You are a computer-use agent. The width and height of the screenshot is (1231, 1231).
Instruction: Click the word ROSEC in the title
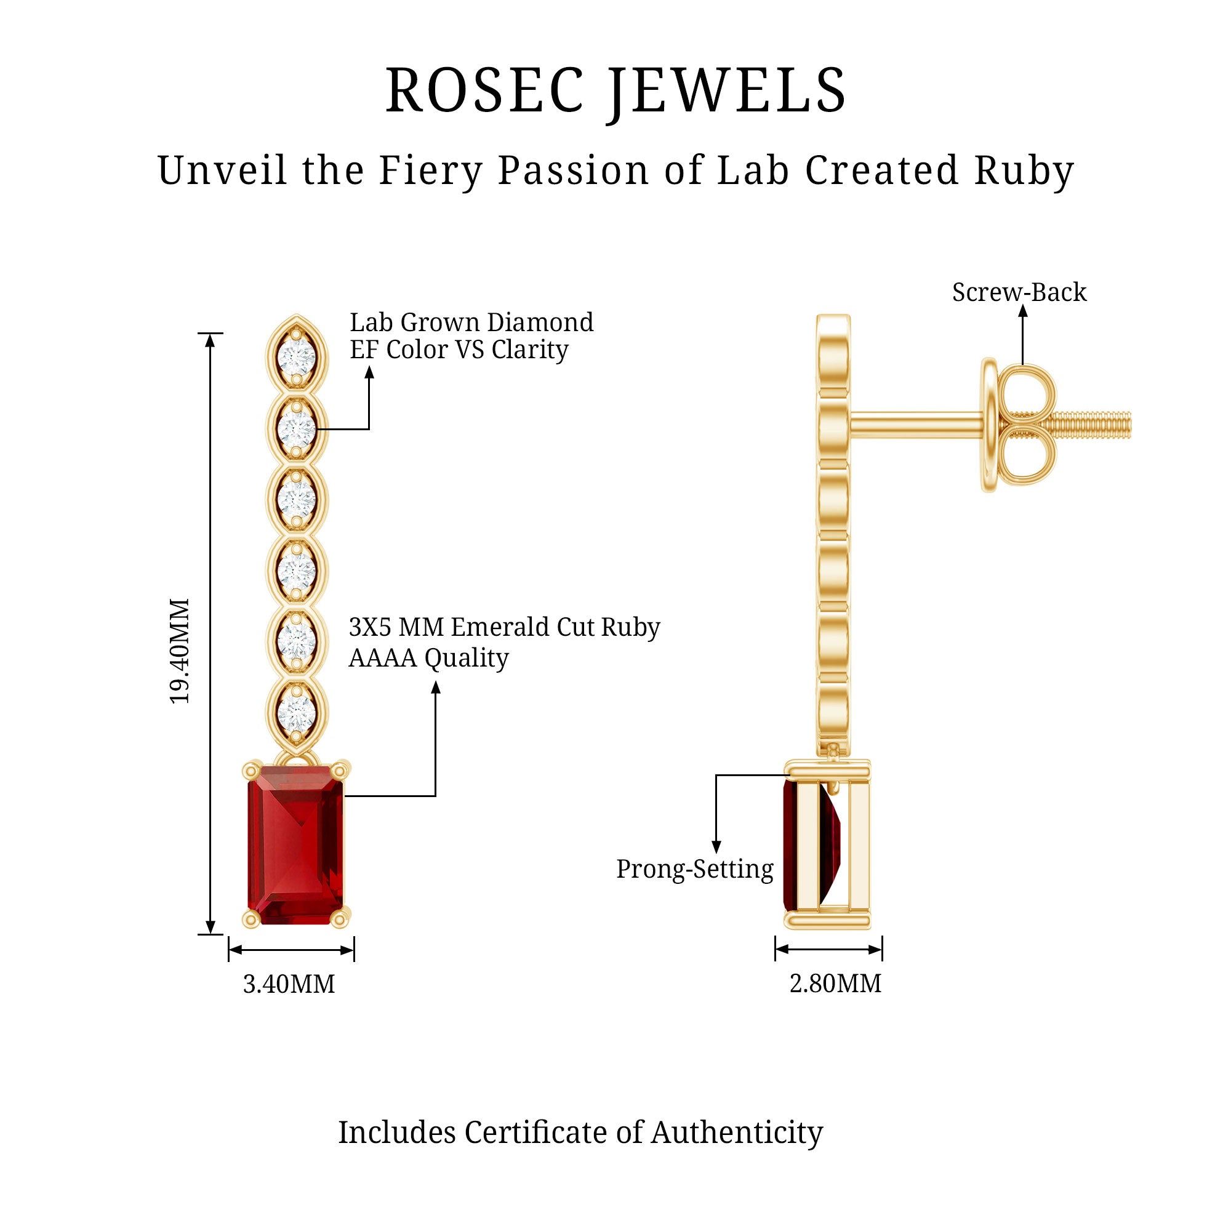(x=484, y=91)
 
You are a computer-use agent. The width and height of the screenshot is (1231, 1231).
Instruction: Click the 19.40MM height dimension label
(x=180, y=651)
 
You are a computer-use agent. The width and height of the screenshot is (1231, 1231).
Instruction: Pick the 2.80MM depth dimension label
(x=835, y=984)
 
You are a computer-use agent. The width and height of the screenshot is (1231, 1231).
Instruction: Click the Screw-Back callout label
(x=1019, y=292)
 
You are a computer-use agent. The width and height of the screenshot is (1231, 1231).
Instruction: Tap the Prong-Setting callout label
(x=694, y=869)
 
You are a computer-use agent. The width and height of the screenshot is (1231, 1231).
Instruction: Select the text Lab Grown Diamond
(x=471, y=323)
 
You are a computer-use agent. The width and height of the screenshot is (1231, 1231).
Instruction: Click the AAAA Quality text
(x=428, y=658)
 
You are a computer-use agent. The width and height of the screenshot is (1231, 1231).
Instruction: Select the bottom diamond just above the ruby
(x=297, y=711)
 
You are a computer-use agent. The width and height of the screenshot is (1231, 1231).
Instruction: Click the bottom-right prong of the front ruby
(x=341, y=918)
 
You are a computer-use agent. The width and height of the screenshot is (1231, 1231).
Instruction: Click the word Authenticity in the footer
(x=737, y=1133)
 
